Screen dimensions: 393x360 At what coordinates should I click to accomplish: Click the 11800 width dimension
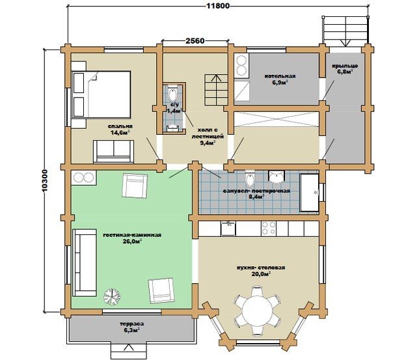click(217, 5)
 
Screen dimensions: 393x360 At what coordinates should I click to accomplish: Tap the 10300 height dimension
click(44, 181)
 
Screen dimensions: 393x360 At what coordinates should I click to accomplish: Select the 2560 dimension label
click(195, 40)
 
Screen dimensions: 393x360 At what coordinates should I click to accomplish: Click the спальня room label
click(120, 126)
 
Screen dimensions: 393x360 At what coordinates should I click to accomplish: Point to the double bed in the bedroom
click(102, 94)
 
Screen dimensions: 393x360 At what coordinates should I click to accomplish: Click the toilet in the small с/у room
click(173, 94)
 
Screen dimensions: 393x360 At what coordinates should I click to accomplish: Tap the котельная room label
click(280, 76)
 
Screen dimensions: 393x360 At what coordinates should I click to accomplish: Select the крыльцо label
click(345, 66)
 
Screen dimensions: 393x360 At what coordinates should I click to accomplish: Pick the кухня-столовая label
click(261, 268)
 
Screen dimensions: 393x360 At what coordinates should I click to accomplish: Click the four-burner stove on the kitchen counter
click(269, 228)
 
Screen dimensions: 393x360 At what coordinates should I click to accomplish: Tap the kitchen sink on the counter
click(228, 228)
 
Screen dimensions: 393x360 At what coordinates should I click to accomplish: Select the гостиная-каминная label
click(132, 235)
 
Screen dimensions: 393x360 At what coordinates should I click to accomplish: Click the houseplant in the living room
click(111, 296)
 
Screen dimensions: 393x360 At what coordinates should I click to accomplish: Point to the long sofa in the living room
click(85, 263)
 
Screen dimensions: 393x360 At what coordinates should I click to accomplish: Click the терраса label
click(132, 324)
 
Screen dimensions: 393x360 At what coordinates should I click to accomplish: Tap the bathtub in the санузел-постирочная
click(310, 192)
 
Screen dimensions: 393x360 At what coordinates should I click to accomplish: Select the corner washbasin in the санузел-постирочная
click(277, 176)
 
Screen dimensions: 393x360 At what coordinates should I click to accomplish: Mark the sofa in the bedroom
click(113, 151)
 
